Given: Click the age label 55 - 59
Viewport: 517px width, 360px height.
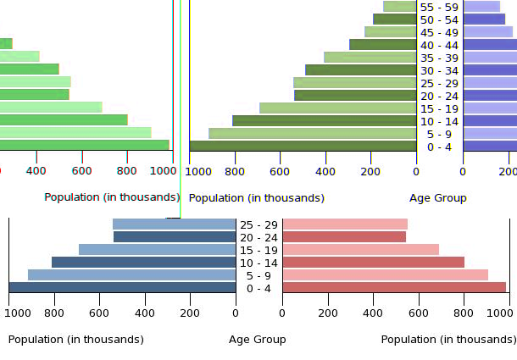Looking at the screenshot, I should (x=438, y=7).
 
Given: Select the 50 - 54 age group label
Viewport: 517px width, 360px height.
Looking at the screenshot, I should (x=438, y=19).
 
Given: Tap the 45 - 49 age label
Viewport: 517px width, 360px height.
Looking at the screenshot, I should (x=438, y=32).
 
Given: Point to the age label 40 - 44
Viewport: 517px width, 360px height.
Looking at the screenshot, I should (x=438, y=45).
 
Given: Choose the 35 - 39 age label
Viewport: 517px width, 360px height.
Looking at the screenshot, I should (x=438, y=58).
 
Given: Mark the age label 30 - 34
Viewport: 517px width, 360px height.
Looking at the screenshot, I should (x=438, y=70).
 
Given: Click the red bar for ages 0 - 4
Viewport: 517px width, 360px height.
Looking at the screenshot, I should (x=393, y=287).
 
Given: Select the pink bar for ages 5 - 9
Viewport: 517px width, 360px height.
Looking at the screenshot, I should (x=385, y=274).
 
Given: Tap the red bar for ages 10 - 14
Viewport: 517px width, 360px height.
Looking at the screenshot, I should (x=373, y=262).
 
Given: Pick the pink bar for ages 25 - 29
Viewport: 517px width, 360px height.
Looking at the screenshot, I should (x=344, y=224).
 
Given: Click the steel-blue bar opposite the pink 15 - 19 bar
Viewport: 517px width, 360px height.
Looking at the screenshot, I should (x=157, y=249).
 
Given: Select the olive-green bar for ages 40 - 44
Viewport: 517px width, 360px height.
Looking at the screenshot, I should (x=382, y=45).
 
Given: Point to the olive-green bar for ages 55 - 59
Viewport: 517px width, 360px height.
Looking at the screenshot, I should (x=399, y=7).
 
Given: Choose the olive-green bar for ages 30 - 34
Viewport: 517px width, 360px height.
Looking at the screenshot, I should (x=360, y=70).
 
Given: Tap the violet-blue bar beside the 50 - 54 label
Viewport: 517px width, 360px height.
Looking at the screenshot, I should (x=484, y=19).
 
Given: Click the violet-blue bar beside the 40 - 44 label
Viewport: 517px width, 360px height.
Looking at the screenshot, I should (x=490, y=45).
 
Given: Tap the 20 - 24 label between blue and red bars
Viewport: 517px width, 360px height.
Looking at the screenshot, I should (x=258, y=236).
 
